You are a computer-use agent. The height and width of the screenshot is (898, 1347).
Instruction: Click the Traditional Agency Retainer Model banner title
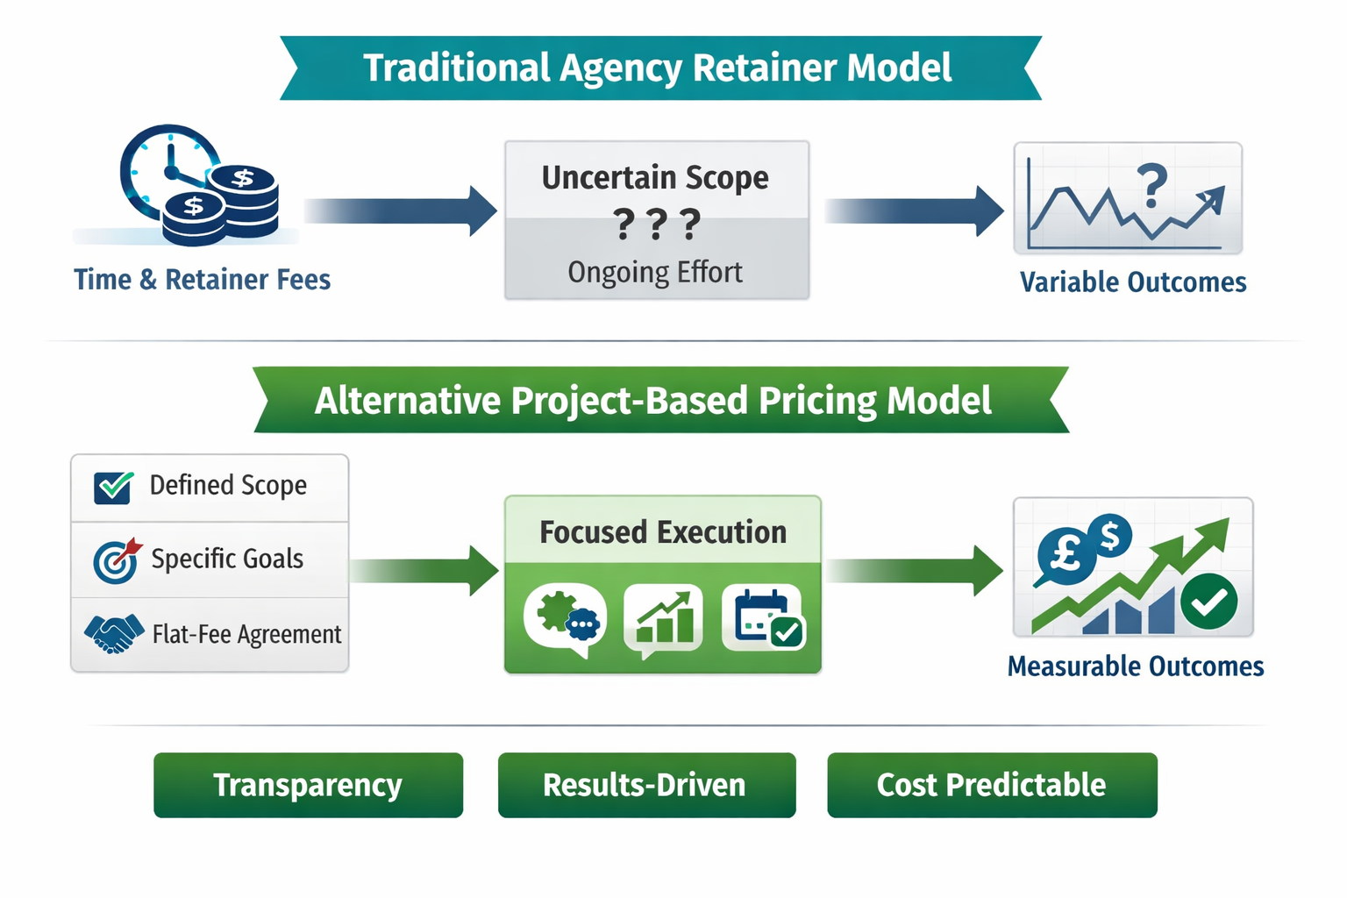658,68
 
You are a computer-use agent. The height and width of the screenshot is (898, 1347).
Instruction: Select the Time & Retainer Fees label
202,280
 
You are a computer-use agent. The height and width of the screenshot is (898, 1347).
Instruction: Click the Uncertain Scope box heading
655,178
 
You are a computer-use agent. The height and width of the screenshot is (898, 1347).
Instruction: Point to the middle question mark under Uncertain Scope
656,224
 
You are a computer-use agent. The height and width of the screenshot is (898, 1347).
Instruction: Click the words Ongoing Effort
655,273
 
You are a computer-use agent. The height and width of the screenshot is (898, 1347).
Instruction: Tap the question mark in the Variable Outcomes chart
1151,185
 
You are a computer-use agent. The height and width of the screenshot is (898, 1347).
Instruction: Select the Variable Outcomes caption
1132,282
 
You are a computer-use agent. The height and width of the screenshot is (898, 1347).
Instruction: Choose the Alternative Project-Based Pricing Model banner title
653,401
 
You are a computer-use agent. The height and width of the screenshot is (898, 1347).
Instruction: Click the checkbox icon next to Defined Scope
113,487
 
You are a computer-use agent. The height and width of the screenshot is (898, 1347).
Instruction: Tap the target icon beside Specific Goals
116,560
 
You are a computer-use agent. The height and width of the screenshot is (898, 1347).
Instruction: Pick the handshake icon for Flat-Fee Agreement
113,632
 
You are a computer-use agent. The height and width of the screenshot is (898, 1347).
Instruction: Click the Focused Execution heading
663,532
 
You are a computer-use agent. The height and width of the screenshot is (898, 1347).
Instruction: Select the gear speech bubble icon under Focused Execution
565,618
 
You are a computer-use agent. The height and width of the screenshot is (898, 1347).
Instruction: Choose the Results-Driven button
646,785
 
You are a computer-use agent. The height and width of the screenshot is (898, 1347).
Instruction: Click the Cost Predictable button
991,785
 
